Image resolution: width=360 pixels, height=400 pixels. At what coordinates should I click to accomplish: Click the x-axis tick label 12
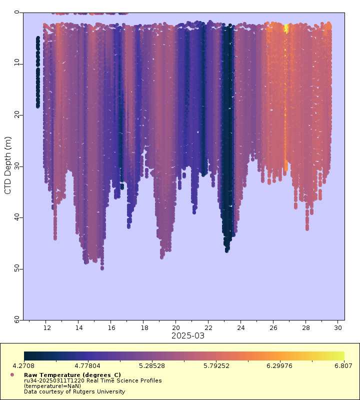tap(47, 328)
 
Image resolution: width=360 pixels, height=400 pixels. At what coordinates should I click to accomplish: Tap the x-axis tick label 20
tap(175, 328)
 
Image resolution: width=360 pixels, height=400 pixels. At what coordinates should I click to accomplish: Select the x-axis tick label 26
tap(273, 328)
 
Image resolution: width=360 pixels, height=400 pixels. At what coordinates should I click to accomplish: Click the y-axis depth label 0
tap(17, 12)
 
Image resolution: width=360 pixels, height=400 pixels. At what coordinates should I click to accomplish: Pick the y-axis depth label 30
tap(17, 165)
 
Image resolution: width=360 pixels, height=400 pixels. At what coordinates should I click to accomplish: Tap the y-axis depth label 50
tap(17, 268)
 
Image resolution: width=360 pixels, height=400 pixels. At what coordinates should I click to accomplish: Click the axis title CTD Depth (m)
tap(7, 165)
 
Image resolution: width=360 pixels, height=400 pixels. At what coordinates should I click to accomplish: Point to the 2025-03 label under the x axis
tap(188, 335)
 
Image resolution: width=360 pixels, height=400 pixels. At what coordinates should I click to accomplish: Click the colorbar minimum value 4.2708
tap(24, 366)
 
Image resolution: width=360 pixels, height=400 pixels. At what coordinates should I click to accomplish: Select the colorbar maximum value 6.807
tap(343, 366)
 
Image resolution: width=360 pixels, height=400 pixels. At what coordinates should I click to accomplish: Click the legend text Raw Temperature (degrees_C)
tap(72, 374)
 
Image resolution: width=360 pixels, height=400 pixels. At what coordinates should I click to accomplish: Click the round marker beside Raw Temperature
tap(12, 374)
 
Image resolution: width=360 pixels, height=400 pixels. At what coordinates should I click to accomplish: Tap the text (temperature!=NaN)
tap(52, 385)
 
